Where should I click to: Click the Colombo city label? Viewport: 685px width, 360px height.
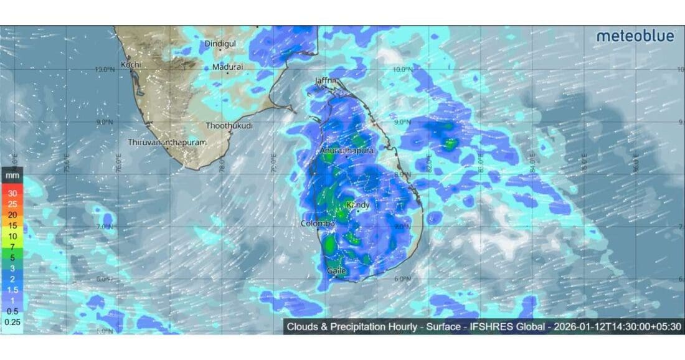[x=318, y=224]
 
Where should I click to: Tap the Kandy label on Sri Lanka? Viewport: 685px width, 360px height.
[x=358, y=205]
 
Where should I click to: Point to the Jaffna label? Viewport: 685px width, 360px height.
[x=326, y=81]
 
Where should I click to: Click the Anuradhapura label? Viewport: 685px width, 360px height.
[x=346, y=151]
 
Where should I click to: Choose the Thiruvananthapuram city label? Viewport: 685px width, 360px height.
[x=167, y=143]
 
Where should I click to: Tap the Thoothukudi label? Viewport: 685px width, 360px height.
[x=230, y=126]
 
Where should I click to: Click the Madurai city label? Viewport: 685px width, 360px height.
[x=228, y=67]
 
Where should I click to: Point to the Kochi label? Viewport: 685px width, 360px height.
[x=131, y=64]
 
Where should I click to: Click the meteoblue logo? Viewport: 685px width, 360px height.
[x=635, y=36]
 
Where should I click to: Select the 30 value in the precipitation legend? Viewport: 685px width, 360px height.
[x=12, y=192]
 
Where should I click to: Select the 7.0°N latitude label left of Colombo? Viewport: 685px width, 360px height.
[x=105, y=227]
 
